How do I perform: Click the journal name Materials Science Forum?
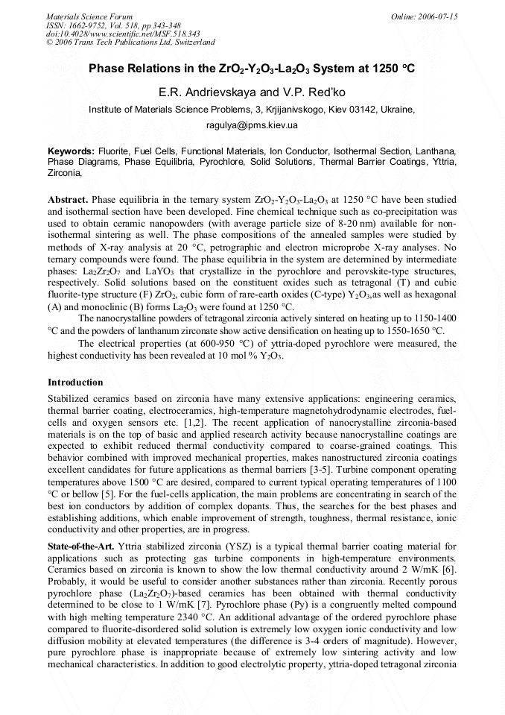(89, 16)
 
